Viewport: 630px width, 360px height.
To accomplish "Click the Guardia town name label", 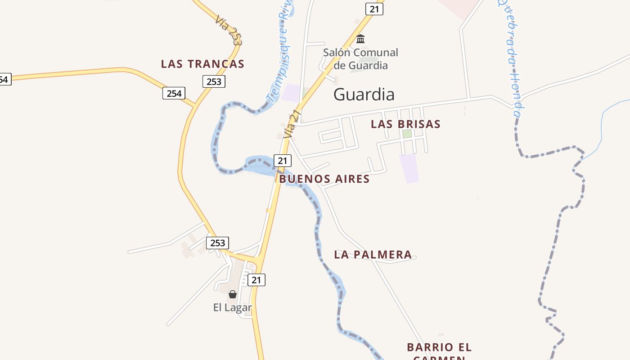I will point(364,94).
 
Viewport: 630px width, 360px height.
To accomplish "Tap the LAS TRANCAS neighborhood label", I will point(202,64).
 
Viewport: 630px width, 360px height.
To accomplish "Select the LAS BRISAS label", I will point(405,124).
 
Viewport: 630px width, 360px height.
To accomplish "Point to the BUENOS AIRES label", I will point(324,179).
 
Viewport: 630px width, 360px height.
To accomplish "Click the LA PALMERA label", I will point(373,255).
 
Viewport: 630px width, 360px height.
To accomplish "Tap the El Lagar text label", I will point(232,308).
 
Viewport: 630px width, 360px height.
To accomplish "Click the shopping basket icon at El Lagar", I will point(233,294).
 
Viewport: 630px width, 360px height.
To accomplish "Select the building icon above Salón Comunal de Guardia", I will point(360,39).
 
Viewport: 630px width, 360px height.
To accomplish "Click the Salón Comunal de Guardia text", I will point(360,59).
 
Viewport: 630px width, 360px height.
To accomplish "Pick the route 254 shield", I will point(174,93).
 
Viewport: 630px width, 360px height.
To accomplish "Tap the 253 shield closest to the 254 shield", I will point(214,81).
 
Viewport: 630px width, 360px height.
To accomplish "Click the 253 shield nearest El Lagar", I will point(218,243).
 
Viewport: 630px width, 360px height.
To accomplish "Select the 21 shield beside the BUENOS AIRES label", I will point(282,160).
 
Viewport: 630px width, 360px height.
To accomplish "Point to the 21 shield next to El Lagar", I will point(256,280).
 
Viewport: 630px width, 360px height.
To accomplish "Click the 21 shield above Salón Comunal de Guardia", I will point(374,9).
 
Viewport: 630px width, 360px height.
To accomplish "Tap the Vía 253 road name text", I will point(229,30).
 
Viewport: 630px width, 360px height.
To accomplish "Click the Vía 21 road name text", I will point(292,125).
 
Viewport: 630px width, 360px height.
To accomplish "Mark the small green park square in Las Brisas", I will point(407,134).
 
